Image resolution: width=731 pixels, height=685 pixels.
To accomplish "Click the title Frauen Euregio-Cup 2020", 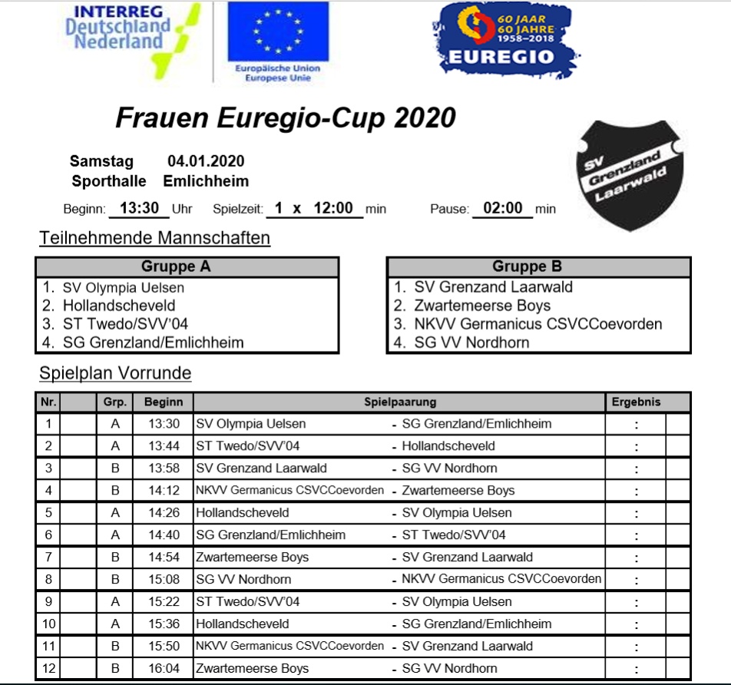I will (285, 118).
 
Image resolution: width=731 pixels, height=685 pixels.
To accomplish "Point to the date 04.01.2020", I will (206, 161).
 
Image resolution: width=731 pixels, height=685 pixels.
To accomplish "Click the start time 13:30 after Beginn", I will (139, 208).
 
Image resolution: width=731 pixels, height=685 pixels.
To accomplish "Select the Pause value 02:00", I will (503, 208).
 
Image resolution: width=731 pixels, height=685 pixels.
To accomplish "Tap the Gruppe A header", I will (187, 267).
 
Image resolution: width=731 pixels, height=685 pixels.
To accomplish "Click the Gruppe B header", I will (538, 267).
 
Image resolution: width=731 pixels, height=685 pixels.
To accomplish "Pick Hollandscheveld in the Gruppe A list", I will (119, 306).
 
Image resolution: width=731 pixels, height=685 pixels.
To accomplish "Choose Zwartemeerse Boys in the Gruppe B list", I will (482, 306).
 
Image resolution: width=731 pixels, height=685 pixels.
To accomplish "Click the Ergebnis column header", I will (636, 402).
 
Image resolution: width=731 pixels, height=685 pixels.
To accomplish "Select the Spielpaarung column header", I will (399, 402).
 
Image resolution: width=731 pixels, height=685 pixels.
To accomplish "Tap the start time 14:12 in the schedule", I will (164, 491).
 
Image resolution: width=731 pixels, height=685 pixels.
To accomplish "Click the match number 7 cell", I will (48, 558).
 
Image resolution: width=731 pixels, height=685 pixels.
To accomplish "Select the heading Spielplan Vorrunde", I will (115, 374).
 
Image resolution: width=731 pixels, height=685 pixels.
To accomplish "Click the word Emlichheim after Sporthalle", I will (206, 182).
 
